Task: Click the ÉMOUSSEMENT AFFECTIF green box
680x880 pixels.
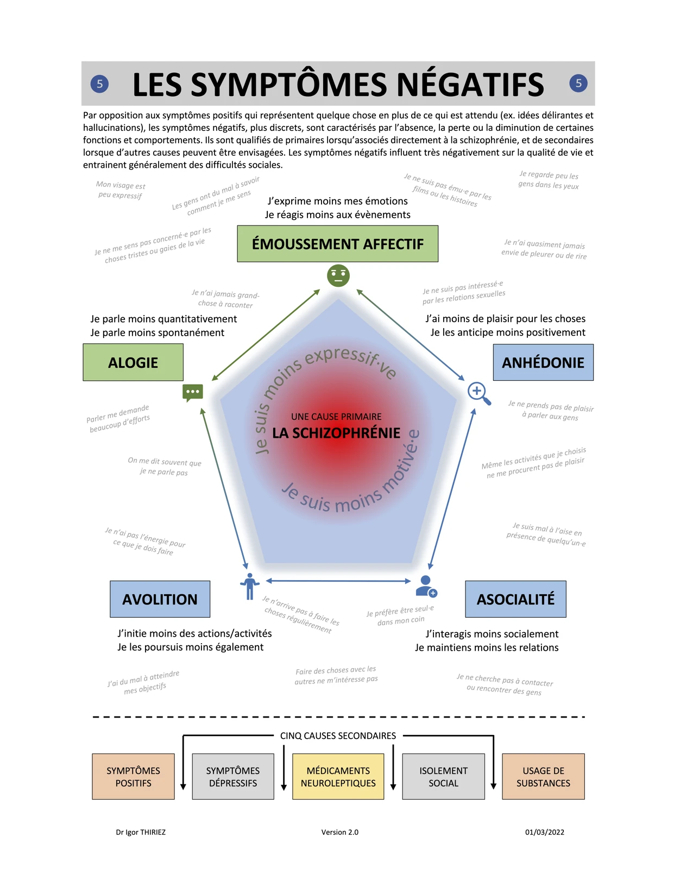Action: (x=337, y=244)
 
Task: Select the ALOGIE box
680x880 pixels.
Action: (x=133, y=362)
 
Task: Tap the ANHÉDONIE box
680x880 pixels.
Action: (x=543, y=362)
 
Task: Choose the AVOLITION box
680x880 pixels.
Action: (x=160, y=599)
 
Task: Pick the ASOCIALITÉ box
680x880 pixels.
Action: (x=515, y=599)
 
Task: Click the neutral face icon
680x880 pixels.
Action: (x=338, y=275)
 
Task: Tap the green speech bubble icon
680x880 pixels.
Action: (x=193, y=392)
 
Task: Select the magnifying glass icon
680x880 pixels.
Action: (x=478, y=393)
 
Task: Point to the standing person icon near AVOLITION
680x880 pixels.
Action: (x=249, y=586)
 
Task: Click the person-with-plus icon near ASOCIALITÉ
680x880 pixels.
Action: (x=426, y=586)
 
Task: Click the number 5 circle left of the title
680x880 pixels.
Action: (x=99, y=84)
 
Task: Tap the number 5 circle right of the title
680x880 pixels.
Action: (x=578, y=83)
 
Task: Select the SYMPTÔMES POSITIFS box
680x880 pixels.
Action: (x=133, y=777)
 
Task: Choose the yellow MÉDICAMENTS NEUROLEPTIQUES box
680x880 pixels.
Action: (x=338, y=777)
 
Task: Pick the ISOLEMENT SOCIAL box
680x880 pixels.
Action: (x=443, y=777)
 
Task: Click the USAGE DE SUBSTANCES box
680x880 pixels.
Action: (x=543, y=777)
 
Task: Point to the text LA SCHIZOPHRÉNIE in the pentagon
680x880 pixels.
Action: (x=336, y=433)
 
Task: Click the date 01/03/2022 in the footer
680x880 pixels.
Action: (x=544, y=832)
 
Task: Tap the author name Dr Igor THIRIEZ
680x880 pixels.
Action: (x=141, y=832)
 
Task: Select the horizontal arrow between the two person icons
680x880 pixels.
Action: (x=338, y=581)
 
